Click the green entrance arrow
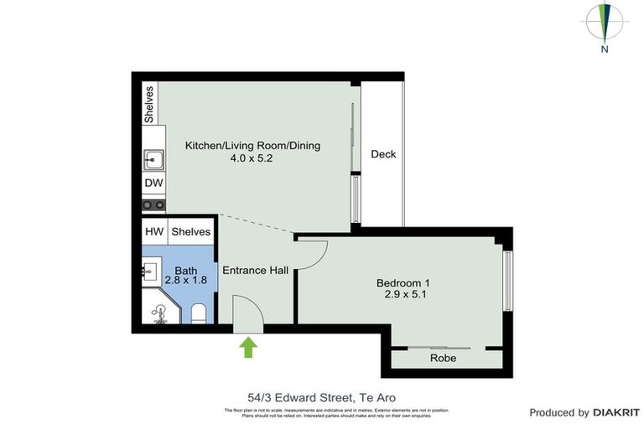click(248, 347)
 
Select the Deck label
click(383, 154)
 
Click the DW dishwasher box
click(153, 183)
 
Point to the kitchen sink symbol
click(153, 159)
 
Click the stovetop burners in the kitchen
click(153, 204)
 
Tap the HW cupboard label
click(154, 231)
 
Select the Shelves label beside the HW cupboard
click(192, 231)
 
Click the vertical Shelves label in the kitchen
click(149, 104)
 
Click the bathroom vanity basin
click(151, 271)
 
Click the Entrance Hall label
click(255, 271)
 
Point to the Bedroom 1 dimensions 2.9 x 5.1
click(406, 295)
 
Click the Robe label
click(443, 358)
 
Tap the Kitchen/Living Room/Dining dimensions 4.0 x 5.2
click(252, 158)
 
